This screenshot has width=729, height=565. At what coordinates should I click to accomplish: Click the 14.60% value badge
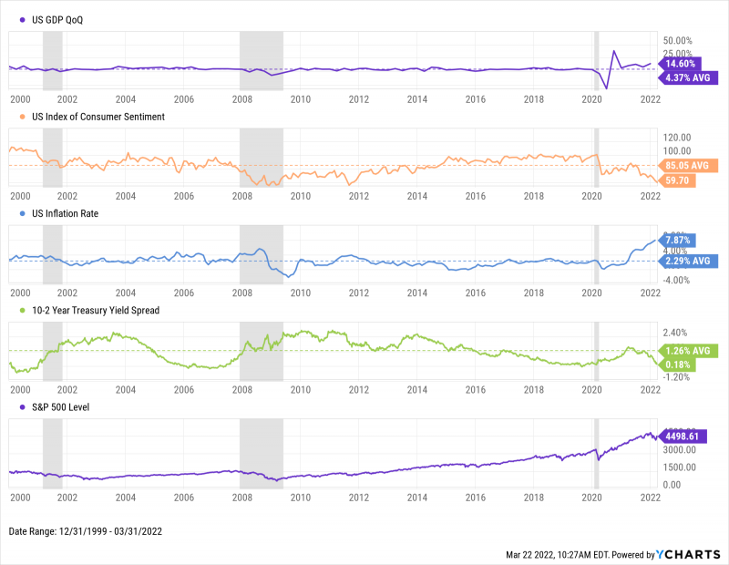coord(681,64)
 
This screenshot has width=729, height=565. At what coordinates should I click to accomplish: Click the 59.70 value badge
coord(679,180)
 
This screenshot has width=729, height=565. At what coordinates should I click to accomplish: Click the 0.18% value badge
coord(678,365)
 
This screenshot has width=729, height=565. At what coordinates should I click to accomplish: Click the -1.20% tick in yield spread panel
coord(677,375)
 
